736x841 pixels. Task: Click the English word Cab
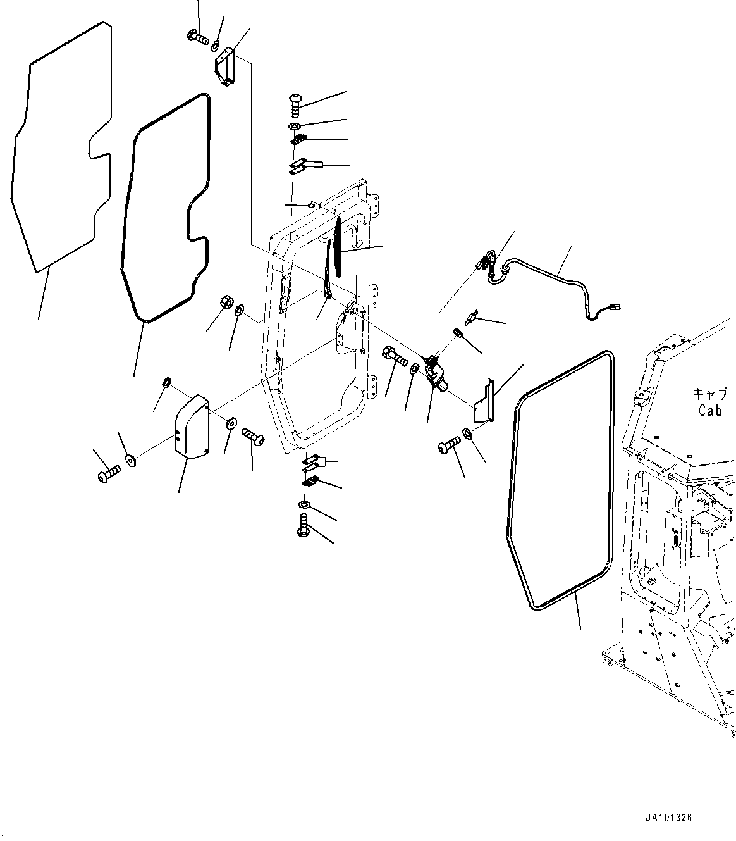point(710,410)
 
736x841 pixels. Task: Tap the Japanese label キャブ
point(711,394)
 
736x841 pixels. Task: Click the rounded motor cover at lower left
point(191,425)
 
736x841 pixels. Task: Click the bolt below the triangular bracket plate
point(447,447)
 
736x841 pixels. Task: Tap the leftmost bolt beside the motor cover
point(108,473)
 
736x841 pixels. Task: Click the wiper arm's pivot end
point(329,292)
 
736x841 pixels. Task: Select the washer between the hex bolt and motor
point(414,369)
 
